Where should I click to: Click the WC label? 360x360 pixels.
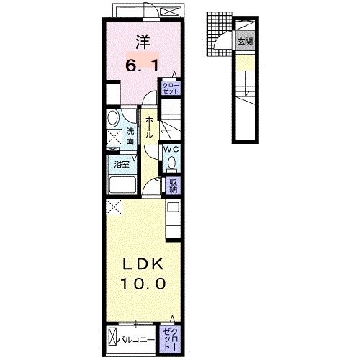point(171,149)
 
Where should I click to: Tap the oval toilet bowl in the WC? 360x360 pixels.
point(171,163)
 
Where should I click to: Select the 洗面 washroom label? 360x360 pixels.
point(130,136)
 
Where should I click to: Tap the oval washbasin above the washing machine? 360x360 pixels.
point(113,118)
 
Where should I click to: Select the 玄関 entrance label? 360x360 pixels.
point(246,42)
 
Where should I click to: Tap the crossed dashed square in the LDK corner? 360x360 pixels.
point(114,208)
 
